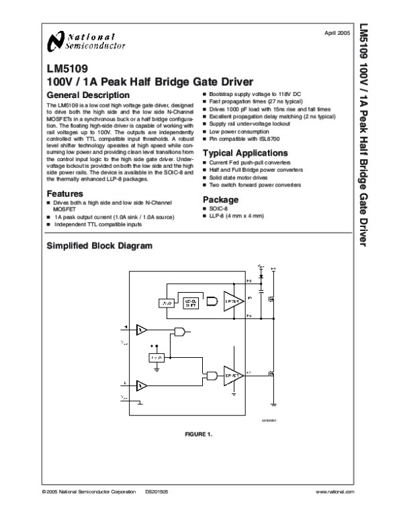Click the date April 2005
tap(337, 32)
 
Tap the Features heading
tap(65, 193)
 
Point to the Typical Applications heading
tap(245, 154)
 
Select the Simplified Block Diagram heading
tap(99, 246)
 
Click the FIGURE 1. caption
tap(198, 434)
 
